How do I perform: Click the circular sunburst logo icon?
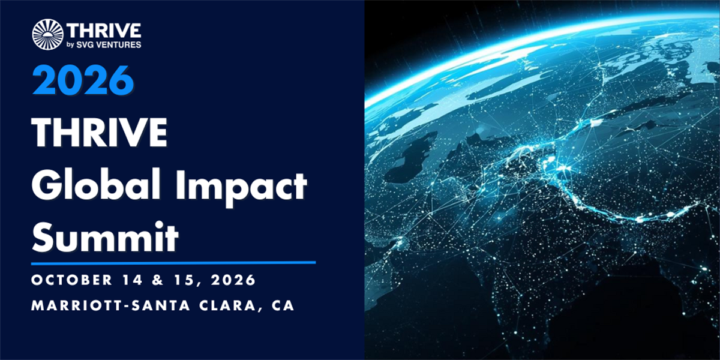(x=47, y=34)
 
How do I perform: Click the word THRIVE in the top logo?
(x=104, y=31)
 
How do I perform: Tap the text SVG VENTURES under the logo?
(x=109, y=44)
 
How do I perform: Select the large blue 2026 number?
(x=83, y=80)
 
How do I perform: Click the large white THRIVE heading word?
(x=100, y=133)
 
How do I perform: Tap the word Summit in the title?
(x=105, y=237)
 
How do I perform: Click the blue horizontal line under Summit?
(x=173, y=263)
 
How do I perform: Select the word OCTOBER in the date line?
(x=71, y=280)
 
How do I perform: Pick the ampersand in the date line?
(x=158, y=280)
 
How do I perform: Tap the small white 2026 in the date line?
(x=233, y=280)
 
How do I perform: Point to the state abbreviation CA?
(x=283, y=305)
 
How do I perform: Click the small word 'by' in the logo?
(x=70, y=45)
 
